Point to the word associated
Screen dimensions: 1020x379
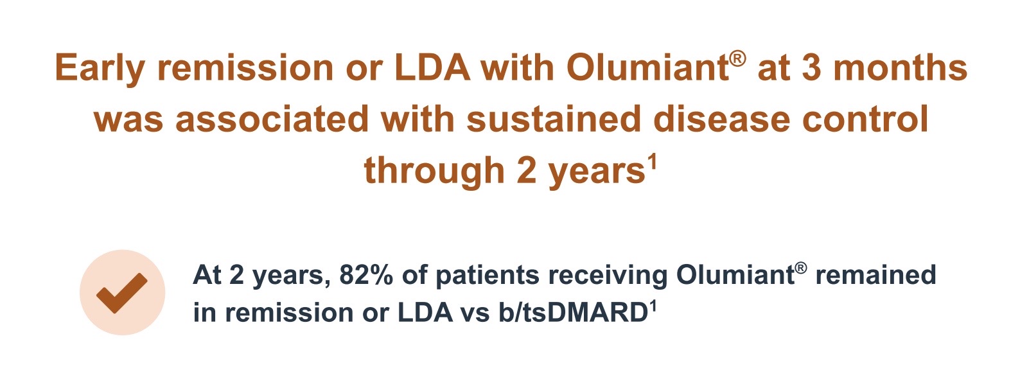[x=272, y=119]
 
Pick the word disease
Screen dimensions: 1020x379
[x=722, y=119]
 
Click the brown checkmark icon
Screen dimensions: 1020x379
[x=122, y=293]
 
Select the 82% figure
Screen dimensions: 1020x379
[x=365, y=275]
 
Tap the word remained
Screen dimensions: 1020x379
[x=875, y=275]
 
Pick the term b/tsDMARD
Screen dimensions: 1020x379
[x=573, y=312]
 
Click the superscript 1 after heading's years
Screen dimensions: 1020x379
[x=653, y=163]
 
